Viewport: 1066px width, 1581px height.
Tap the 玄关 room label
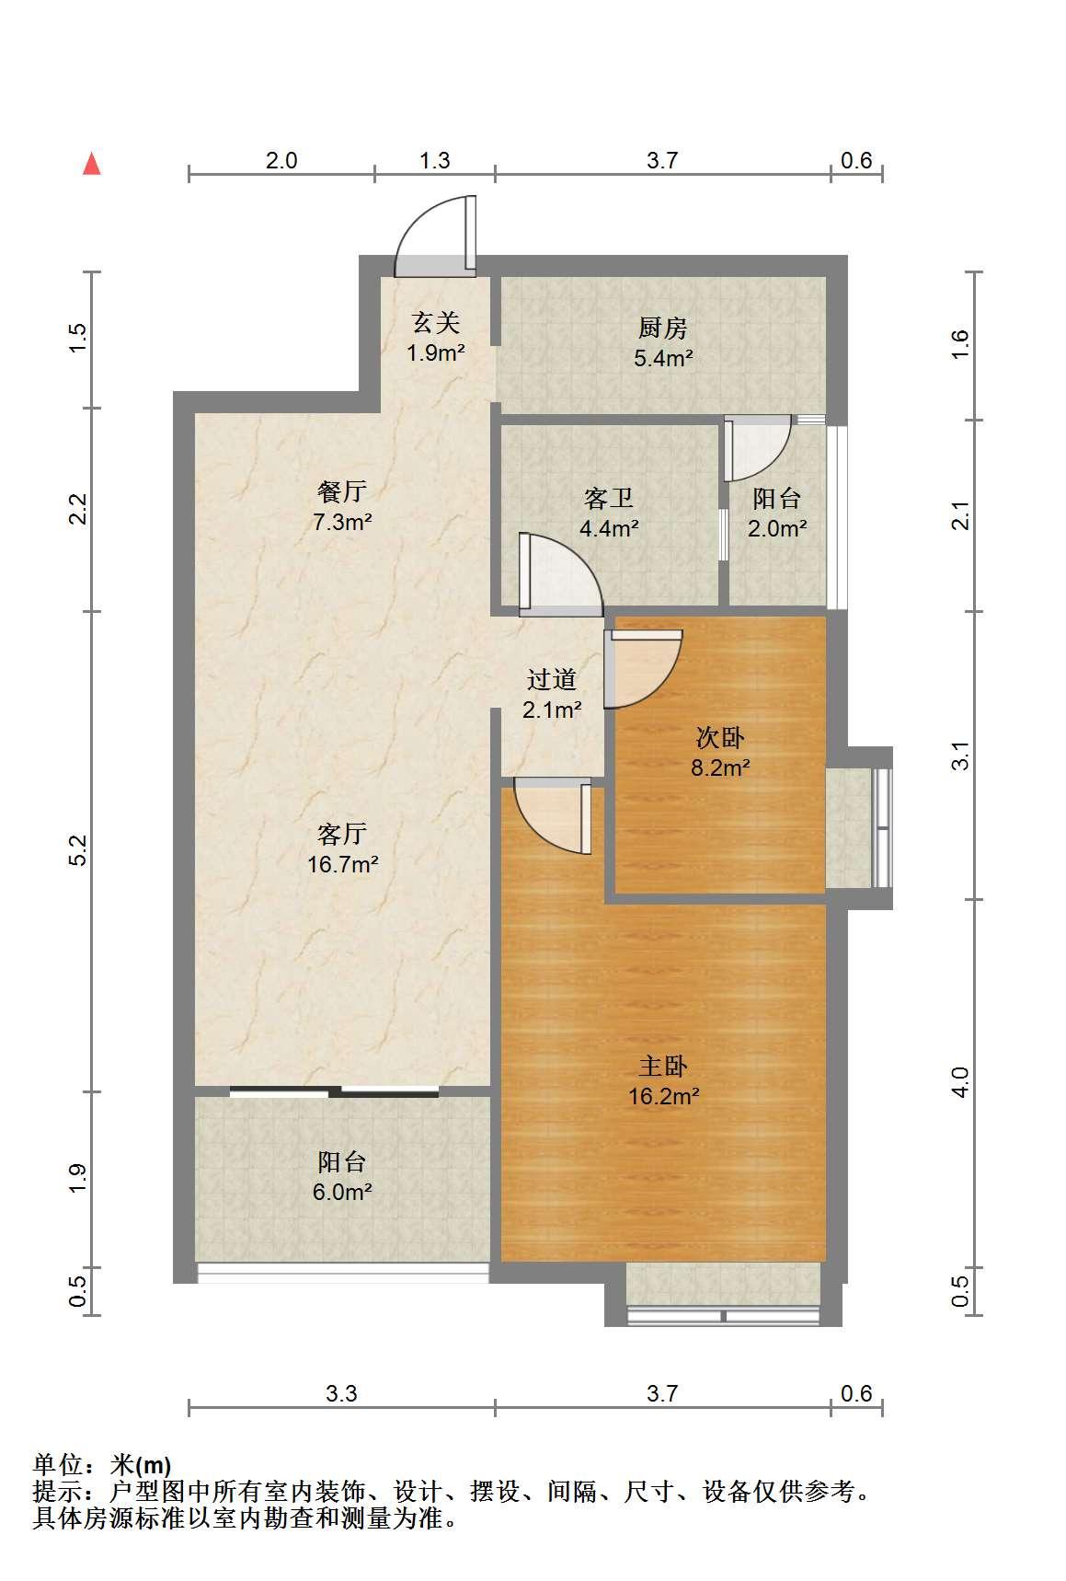click(435, 322)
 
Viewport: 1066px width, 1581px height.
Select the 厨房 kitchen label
click(662, 328)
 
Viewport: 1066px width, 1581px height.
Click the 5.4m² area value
click(662, 358)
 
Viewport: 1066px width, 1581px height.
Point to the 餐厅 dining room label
click(342, 491)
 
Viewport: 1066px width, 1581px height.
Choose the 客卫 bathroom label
click(608, 499)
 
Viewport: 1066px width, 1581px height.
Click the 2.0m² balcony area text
click(777, 528)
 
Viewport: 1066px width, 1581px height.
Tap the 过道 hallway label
click(551, 680)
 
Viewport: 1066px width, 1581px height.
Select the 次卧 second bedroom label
click(720, 737)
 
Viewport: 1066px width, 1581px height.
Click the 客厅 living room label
click(342, 834)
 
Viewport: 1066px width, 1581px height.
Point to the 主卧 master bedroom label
click(663, 1066)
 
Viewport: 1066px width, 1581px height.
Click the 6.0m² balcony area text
click(342, 1192)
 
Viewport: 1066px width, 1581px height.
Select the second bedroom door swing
click(644, 669)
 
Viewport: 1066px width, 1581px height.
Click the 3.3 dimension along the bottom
click(341, 1393)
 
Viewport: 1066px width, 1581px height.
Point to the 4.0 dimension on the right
click(960, 1082)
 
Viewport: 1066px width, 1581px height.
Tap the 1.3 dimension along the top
click(435, 160)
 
